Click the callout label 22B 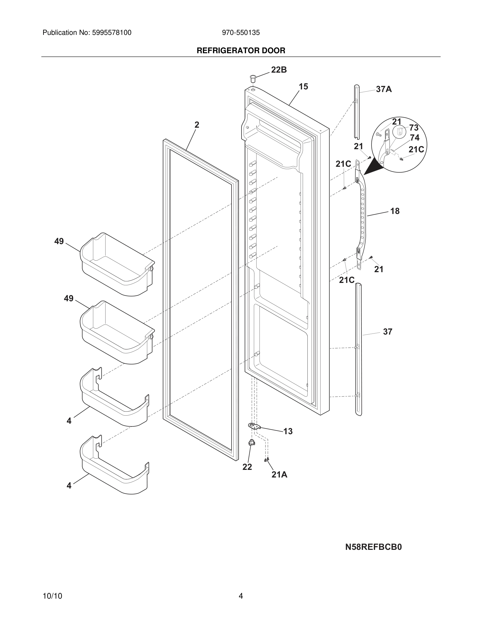click(x=279, y=69)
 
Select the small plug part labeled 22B click(x=253, y=78)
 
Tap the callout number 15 click(x=303, y=87)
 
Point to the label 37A click(x=384, y=89)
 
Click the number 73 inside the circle click(x=414, y=127)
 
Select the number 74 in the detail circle click(x=415, y=138)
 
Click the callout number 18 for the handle click(x=395, y=211)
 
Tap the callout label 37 click(x=387, y=332)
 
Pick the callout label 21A click(x=279, y=475)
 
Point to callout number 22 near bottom click(x=247, y=467)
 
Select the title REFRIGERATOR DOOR click(x=241, y=51)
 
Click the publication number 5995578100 click(x=111, y=33)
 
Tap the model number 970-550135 click(x=241, y=33)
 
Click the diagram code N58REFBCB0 click(x=373, y=547)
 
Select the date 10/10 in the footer click(x=52, y=596)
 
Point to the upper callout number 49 click(x=59, y=241)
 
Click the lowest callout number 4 click(x=69, y=486)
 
